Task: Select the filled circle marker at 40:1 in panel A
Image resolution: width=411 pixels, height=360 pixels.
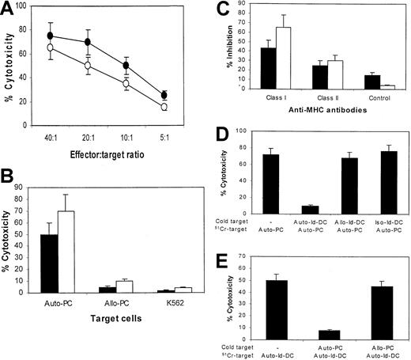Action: [x=51, y=36]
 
